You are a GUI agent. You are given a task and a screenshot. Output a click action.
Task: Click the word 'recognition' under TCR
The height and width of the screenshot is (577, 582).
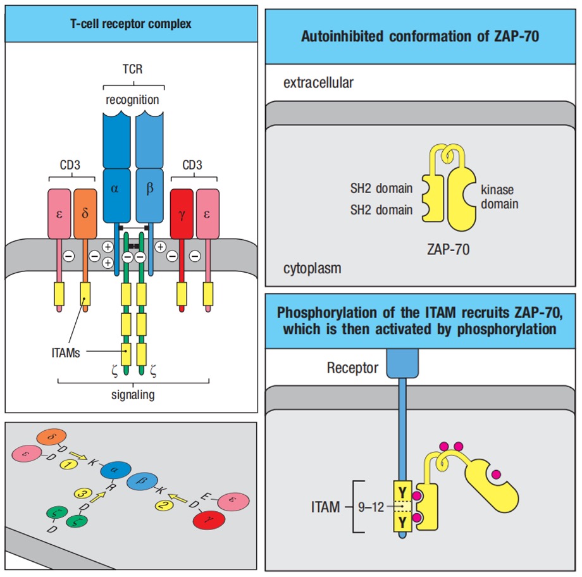(x=132, y=100)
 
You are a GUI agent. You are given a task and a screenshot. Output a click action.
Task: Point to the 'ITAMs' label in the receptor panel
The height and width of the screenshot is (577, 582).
(x=66, y=354)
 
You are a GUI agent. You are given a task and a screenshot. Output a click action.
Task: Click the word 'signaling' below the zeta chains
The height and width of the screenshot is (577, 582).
(x=132, y=395)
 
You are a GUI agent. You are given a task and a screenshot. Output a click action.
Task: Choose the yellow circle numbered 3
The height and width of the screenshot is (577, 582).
(x=82, y=492)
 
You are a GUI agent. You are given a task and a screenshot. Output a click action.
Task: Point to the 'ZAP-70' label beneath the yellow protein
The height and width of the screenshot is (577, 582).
(x=448, y=249)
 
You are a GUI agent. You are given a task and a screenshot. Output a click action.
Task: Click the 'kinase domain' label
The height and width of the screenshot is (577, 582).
(x=499, y=197)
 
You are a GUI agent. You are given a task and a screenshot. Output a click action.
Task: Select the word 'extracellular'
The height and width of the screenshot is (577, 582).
(x=318, y=83)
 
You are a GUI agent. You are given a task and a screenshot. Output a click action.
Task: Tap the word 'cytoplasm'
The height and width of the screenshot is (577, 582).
(x=312, y=268)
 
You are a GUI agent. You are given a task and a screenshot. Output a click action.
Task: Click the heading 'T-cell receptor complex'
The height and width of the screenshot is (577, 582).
(x=131, y=24)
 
